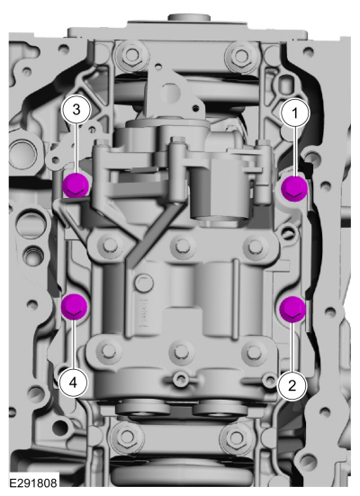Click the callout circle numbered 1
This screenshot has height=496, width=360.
click(295, 113)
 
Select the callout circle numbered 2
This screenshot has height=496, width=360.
click(292, 385)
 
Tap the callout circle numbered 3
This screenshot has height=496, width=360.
click(76, 110)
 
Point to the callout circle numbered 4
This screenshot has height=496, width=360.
click(73, 383)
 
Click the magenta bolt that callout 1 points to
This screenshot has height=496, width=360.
click(294, 188)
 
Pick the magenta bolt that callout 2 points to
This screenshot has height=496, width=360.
click(292, 309)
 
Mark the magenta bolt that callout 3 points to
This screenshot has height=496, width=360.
click(76, 185)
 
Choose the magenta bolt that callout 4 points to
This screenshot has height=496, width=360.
click(74, 307)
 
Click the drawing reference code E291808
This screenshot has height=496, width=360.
click(33, 483)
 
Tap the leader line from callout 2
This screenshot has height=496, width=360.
click(292, 347)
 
